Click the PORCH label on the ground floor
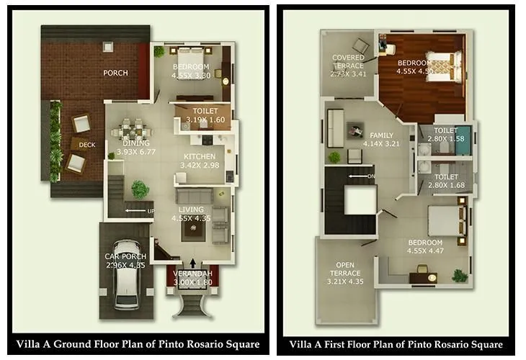[115, 73]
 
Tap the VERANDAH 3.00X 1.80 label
[192, 279]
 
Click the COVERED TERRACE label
[349, 65]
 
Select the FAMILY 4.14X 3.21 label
[382, 140]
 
